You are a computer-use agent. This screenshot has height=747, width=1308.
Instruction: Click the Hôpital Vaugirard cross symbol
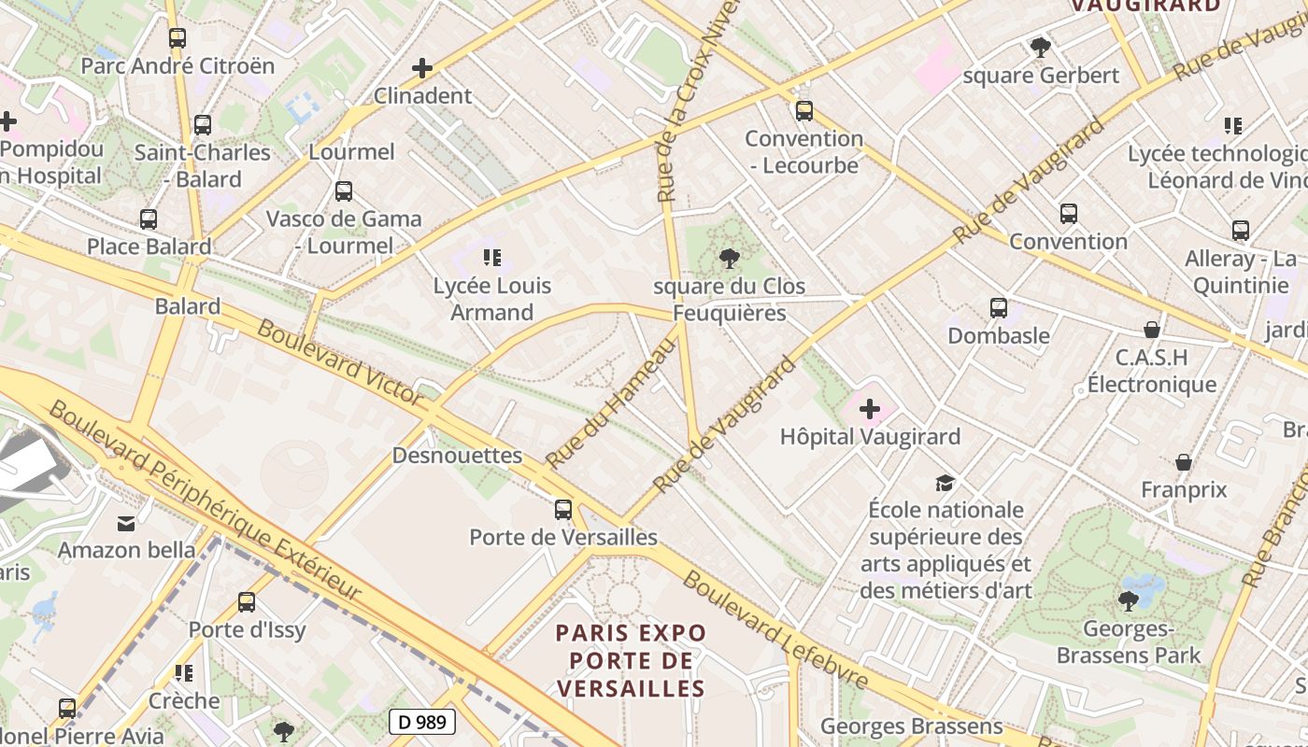(870, 408)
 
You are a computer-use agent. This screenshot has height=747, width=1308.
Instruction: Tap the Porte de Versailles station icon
(562, 509)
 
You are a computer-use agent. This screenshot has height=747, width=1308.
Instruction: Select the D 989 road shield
(422, 721)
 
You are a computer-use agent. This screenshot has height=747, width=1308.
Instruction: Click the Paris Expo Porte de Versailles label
(631, 661)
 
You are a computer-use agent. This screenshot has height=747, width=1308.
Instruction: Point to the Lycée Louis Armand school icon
(492, 257)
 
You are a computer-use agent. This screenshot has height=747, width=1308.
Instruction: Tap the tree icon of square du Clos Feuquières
(730, 258)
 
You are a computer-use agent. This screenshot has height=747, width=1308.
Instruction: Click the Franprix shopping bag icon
(1184, 462)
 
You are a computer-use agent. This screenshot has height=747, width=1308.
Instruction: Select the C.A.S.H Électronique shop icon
(1152, 330)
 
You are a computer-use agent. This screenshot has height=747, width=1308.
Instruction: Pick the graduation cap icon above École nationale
(945, 483)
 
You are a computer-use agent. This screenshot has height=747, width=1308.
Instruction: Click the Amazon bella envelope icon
(126, 523)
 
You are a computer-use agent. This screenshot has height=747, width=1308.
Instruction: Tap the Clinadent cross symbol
(422, 68)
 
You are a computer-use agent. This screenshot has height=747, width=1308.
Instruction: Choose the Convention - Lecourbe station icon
(803, 111)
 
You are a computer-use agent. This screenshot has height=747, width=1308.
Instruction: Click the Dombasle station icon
(998, 307)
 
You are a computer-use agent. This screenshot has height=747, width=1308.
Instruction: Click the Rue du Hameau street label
(611, 403)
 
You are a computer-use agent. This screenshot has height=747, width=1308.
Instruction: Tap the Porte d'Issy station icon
(247, 602)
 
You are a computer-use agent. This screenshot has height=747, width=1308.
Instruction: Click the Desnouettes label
(457, 455)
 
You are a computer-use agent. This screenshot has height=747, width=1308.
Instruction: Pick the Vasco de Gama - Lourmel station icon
(344, 191)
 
